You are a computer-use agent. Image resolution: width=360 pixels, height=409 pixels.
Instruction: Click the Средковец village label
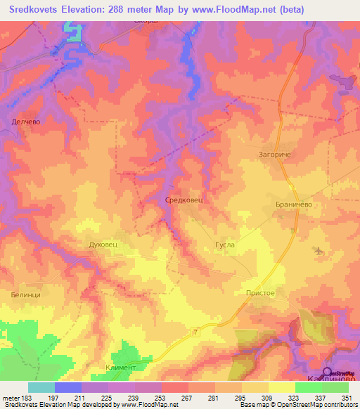click(x=184, y=200)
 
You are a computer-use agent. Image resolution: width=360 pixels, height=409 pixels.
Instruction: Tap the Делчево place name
click(x=27, y=122)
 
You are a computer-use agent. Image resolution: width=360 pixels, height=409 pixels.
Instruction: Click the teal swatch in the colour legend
click(x=41, y=387)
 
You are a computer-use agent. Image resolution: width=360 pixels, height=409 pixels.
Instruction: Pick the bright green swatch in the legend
click(x=308, y=387)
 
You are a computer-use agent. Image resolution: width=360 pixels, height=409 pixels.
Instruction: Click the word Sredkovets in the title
click(x=34, y=11)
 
